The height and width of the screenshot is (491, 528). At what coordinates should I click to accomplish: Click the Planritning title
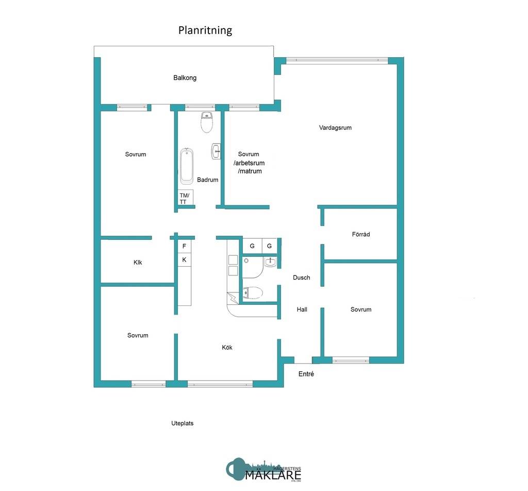[205, 30]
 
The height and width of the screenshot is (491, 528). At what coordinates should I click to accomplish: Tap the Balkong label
[185, 78]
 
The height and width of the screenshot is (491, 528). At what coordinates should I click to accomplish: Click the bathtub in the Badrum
[187, 166]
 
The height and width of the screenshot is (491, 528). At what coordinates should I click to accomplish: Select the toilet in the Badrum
[207, 122]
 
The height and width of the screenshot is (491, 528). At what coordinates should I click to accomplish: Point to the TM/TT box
[186, 198]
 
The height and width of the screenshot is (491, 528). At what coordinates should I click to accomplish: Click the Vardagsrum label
[335, 127]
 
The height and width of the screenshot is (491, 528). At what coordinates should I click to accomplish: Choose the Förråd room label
[360, 234]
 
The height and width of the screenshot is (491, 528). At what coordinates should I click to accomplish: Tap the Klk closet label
[138, 263]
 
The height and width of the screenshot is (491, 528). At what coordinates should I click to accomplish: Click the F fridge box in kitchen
[184, 246]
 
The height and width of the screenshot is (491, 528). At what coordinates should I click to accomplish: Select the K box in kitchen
[184, 259]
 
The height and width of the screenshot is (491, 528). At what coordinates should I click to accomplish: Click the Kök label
[227, 347]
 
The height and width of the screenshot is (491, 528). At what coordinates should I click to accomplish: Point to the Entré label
[306, 374]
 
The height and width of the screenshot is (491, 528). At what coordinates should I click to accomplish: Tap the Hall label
[302, 309]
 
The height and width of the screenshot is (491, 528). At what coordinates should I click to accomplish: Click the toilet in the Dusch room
[253, 293]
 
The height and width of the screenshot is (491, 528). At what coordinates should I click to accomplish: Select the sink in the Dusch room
[270, 261]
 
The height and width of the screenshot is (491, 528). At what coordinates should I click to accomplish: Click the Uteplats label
[182, 423]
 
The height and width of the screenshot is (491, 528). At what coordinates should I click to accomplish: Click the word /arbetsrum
[249, 163]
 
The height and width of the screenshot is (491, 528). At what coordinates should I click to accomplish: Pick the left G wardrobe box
[252, 246]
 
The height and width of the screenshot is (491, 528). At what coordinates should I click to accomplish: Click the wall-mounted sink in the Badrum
[216, 151]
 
